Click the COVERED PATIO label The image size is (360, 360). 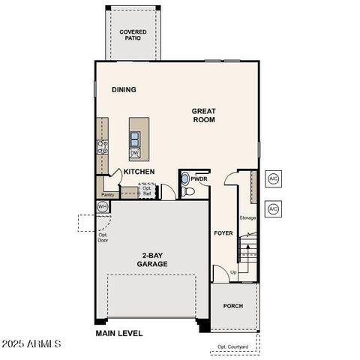133,35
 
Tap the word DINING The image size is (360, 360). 124,90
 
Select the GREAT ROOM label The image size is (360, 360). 204,115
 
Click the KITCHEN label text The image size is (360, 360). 139,172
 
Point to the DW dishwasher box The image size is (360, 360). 135,153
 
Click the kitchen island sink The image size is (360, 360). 135,138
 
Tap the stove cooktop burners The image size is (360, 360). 103,147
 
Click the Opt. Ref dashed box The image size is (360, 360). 147,190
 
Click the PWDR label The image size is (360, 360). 199,180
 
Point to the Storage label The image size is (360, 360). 247,218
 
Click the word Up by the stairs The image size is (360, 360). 233,272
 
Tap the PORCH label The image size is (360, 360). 233,307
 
